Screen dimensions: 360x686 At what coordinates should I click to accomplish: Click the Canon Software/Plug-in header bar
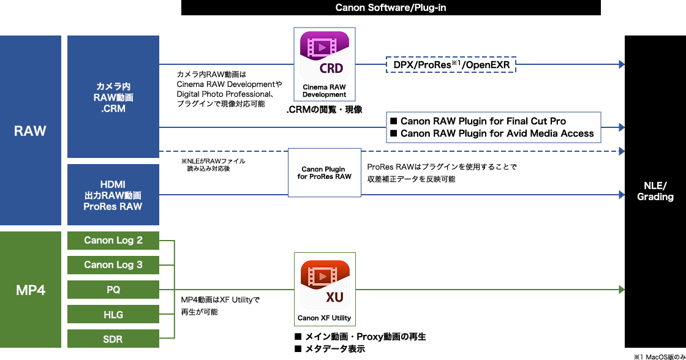[391, 7]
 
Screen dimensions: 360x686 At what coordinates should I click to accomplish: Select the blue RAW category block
[31, 130]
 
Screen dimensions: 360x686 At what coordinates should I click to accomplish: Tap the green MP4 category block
[31, 290]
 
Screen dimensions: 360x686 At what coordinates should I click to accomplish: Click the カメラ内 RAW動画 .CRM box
[113, 97]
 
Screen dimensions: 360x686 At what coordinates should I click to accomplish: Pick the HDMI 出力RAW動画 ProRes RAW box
[113, 195]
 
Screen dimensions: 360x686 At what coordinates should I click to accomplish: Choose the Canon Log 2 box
[113, 240]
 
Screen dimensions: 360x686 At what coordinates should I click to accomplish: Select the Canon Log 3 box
[113, 264]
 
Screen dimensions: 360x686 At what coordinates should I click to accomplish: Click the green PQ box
[113, 290]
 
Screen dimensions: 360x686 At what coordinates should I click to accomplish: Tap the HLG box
[113, 314]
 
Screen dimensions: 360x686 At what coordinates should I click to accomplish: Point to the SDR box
[113, 339]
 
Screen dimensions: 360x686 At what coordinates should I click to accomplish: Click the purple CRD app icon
[324, 54]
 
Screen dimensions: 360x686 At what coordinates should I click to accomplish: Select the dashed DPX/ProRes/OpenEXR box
[452, 64]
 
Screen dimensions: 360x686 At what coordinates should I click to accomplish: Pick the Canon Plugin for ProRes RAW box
[324, 173]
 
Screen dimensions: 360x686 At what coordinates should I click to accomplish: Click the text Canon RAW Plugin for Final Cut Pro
[483, 121]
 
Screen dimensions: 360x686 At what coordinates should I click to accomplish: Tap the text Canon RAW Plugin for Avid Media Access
[497, 133]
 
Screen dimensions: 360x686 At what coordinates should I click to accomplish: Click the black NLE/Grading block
[655, 192]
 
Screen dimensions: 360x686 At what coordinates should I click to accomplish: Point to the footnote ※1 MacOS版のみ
[659, 356]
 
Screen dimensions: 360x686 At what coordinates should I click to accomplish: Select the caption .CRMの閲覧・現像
[324, 110]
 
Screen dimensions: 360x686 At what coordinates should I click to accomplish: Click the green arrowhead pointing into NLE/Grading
[621, 290]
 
